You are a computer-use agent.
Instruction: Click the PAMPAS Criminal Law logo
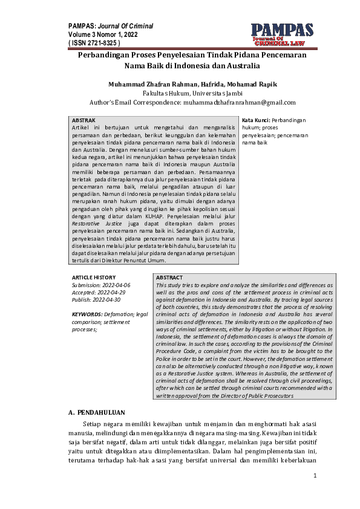coord(283,34)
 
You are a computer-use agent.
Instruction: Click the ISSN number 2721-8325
coord(99,44)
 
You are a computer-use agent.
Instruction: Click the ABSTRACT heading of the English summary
coord(169,277)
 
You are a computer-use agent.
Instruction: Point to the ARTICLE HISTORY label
coord(94,277)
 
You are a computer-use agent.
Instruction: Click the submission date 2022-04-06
coord(110,284)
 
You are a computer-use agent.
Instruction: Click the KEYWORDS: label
coord(87,314)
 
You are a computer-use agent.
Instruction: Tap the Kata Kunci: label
coord(256,121)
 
